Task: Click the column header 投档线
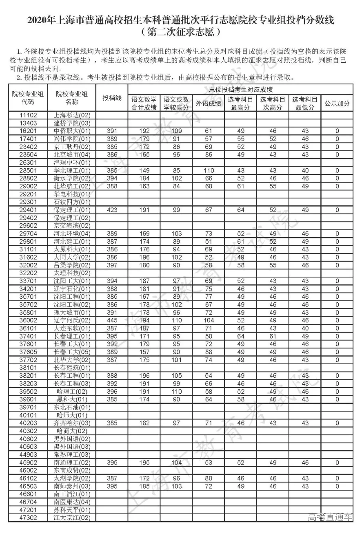[x=112, y=98]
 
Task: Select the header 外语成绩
[x=209, y=104]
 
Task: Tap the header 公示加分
[x=337, y=104]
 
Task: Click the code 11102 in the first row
[x=28, y=115]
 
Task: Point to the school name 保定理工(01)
[x=72, y=210]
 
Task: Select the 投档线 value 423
[x=112, y=210]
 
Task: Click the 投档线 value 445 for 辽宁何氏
[x=112, y=321]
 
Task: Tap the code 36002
[x=28, y=321]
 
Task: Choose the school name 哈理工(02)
[x=72, y=392]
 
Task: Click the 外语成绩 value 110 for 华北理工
[x=209, y=170]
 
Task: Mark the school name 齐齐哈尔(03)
[x=72, y=423]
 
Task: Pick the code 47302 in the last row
[x=28, y=518]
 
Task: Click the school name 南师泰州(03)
[x=72, y=487]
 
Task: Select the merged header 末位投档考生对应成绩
[x=241, y=89]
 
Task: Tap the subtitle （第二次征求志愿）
[x=182, y=31]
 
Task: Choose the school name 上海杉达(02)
[x=72, y=115]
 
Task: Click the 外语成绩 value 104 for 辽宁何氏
[x=209, y=321]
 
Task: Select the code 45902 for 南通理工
[x=28, y=463]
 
